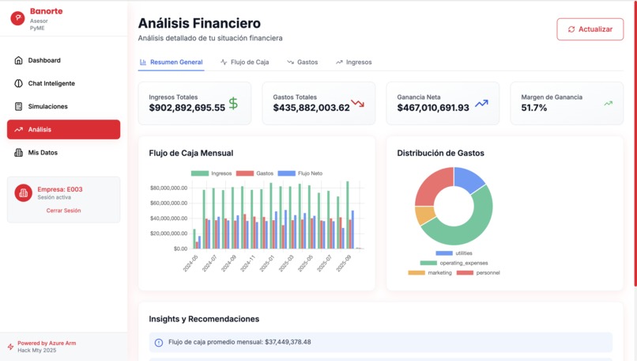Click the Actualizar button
[590, 29]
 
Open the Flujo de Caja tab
[245, 62]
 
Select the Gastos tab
[302, 62]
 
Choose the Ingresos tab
[353, 62]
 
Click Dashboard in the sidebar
[44, 60]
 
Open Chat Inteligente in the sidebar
[51, 83]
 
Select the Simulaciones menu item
[47, 106]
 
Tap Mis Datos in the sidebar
[43, 153]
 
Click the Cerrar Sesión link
[63, 211]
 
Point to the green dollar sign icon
[233, 103]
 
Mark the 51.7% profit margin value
[534, 108]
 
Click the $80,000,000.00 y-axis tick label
[168, 188]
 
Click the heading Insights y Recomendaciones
[204, 319]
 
